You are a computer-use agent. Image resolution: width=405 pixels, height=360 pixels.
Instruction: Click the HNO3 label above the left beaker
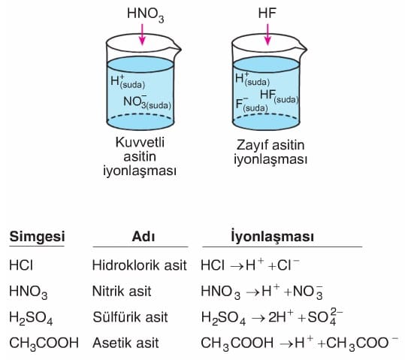pos(146,14)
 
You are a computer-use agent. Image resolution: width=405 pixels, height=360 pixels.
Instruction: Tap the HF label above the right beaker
pos(267,13)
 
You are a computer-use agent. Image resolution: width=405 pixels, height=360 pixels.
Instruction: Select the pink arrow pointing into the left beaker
pos(142,35)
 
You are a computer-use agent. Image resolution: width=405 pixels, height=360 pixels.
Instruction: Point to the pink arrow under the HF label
pos(267,35)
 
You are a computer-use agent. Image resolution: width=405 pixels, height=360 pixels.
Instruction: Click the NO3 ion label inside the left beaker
pos(147,101)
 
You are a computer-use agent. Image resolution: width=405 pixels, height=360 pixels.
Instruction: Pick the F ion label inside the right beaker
pos(252,104)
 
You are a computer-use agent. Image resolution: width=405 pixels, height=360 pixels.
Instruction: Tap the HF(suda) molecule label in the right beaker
pos(280,96)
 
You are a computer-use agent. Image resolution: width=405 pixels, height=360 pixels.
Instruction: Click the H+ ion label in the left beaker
pos(128,81)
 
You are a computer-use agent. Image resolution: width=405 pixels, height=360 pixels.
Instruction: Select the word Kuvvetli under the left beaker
pos(140,142)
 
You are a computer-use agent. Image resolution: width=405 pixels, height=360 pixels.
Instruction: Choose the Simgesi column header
pos(37,237)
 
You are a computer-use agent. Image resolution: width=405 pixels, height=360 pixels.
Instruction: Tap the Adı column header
pos(144,237)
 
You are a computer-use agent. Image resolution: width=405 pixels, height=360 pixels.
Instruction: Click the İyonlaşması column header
pos(272,236)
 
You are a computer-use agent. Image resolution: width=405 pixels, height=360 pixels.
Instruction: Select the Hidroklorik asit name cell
pos(140,265)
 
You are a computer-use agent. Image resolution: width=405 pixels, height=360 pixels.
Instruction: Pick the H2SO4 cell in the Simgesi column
pos(31,318)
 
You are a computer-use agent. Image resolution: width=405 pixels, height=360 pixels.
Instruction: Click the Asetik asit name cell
pos(125,343)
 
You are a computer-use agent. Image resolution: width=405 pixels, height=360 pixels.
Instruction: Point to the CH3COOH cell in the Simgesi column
pos(44,344)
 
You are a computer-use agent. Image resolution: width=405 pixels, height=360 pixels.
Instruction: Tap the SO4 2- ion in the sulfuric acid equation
pos(325,317)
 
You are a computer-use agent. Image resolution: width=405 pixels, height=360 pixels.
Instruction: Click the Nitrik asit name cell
pos(122,292)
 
